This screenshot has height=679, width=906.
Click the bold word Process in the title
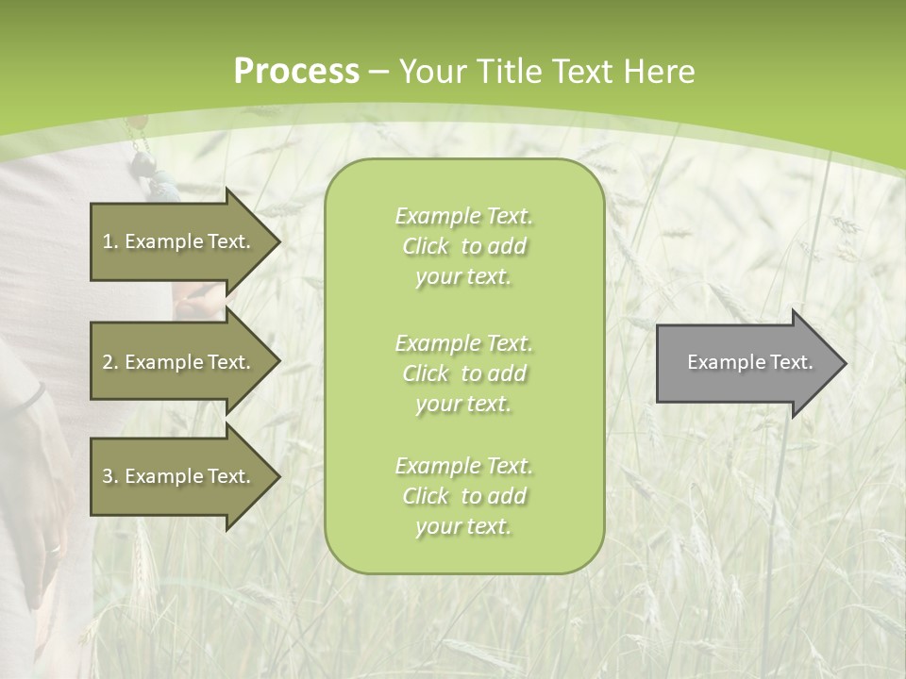296,72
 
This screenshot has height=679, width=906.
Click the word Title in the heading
510,72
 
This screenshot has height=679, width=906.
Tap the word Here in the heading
660,72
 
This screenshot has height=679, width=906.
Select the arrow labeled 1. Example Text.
179,241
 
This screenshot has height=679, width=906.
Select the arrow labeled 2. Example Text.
179,362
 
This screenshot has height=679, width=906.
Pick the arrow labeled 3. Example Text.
179,476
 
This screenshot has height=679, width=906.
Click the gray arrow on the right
746,363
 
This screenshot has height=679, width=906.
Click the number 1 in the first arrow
108,241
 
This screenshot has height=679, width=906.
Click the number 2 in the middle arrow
108,362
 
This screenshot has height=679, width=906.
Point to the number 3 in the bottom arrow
108,476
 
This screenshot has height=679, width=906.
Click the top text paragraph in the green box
463,246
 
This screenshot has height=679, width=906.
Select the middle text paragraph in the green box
463,373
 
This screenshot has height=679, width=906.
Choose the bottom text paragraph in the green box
463,496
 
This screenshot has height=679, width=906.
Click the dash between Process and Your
379,72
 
